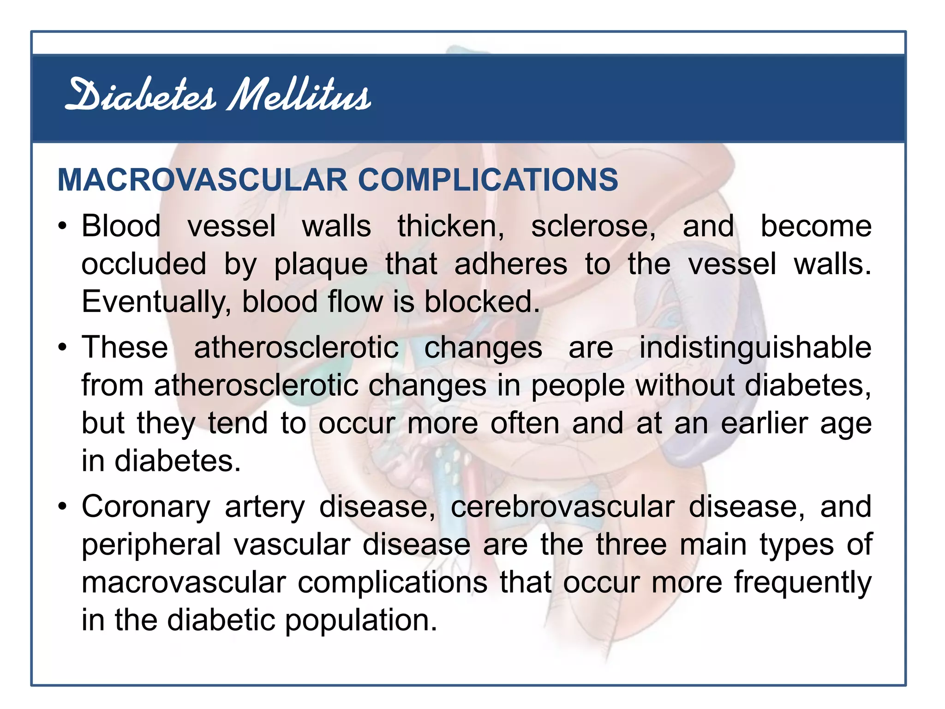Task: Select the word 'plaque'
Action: pyautogui.click(x=321, y=265)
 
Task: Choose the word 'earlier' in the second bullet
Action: pyautogui.click(x=764, y=423)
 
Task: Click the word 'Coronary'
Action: pyautogui.click(x=146, y=507)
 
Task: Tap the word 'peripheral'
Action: pyautogui.click(x=151, y=545)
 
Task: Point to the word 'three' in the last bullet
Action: pyautogui.click(x=631, y=544)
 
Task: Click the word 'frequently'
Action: pyautogui.click(x=802, y=583)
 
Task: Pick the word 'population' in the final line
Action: pyautogui.click(x=360, y=620)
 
